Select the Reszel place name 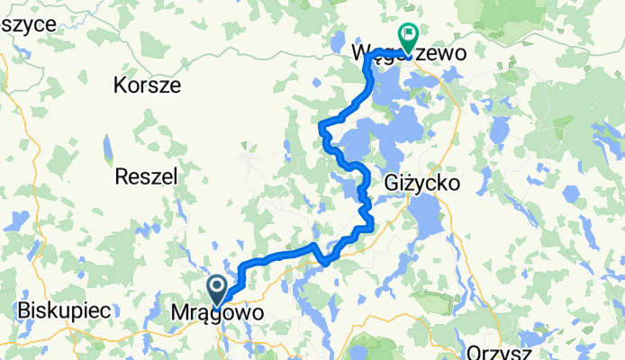145,177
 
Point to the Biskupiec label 64,310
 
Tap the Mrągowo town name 218,314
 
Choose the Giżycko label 422,183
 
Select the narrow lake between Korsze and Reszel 107,145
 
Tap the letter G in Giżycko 391,183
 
